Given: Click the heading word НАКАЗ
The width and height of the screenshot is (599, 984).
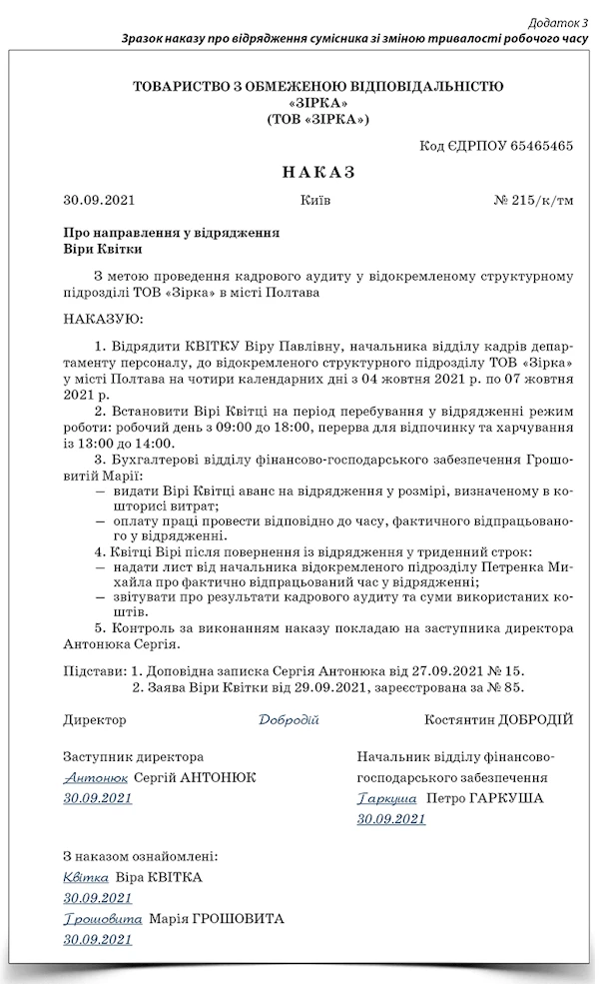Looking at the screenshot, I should point(318,172).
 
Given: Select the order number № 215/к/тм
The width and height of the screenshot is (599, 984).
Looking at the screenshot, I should point(534,200).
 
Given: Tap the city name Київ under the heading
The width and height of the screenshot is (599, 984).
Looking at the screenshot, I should point(315,200).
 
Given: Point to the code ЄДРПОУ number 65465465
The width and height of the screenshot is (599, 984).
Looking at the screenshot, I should point(541,146).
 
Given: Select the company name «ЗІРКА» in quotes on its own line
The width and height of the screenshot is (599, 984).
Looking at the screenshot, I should point(317,103).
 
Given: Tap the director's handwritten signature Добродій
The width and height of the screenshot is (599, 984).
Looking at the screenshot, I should point(289,719).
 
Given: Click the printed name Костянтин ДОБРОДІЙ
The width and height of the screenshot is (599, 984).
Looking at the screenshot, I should point(498,719).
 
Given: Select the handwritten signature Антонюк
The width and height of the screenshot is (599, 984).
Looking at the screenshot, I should point(95,777).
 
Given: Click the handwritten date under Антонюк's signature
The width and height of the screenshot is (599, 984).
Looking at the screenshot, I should point(97,798).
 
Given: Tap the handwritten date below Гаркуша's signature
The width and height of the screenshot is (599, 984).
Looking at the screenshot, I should point(391,819).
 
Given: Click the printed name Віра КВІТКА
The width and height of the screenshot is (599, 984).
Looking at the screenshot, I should point(159,877).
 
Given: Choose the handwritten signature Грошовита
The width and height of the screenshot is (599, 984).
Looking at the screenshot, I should point(102,919).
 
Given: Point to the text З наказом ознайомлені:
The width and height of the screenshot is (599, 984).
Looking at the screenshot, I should point(140,856).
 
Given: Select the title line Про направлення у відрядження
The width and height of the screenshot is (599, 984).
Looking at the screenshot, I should point(171,232).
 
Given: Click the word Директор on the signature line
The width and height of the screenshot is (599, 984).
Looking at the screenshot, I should point(95,719).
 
